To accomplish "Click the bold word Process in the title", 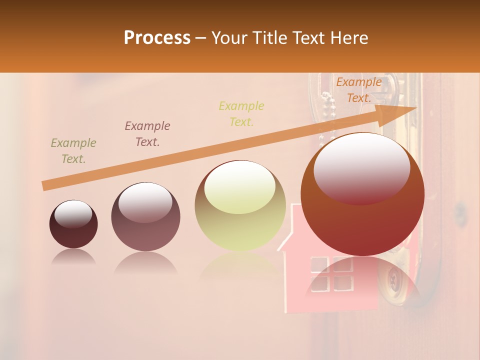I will coord(157,38).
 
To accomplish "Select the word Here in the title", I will coord(349,38).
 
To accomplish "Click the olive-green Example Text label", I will coord(73,151).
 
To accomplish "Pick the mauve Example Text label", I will coord(147,134).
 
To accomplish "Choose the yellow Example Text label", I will coord(241,113).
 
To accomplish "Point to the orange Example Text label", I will coord(358,90).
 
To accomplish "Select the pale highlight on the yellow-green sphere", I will coord(240,186).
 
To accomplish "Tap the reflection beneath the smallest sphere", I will coord(73,257).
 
